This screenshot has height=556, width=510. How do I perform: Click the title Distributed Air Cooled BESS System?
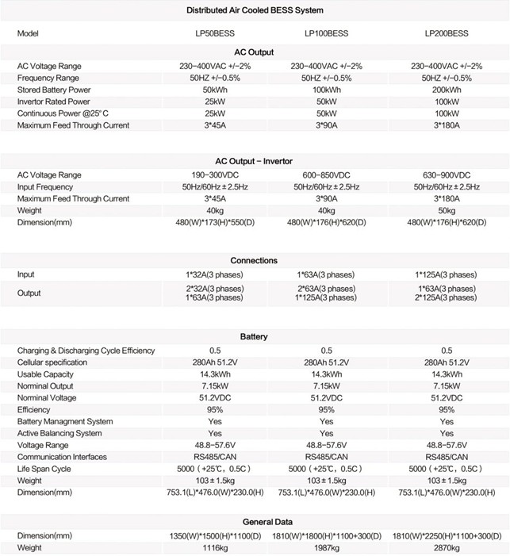click(254, 10)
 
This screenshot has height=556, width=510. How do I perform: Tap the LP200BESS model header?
click(447, 34)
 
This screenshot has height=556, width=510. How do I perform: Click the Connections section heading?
click(254, 260)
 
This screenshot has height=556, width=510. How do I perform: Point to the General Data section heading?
click(254, 522)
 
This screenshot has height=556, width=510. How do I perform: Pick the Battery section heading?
click(254, 337)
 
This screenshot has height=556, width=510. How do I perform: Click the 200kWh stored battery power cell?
click(447, 90)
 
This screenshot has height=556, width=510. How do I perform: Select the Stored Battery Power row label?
click(53, 90)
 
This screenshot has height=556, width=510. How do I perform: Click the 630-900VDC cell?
click(447, 174)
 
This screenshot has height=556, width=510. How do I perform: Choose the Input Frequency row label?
click(46, 186)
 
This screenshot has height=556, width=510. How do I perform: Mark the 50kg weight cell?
click(447, 209)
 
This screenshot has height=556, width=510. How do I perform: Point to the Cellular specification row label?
click(54, 362)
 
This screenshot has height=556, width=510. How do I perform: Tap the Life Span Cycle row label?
click(45, 468)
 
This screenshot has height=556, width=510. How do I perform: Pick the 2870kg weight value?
click(447, 547)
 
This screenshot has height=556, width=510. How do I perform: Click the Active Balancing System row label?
click(59, 433)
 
